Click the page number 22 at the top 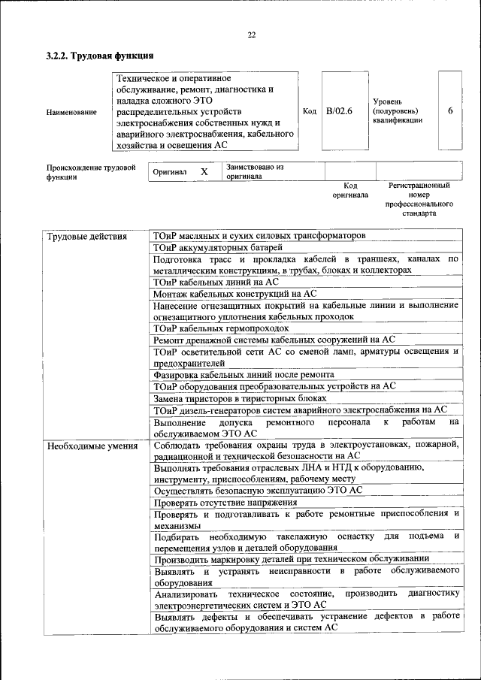(251, 35)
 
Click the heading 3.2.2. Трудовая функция (100, 56)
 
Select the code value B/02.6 (339, 111)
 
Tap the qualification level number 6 (449, 111)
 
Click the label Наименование (71, 112)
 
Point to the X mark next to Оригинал (204, 172)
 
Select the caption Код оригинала (350, 190)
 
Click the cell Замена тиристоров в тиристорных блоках (240, 397)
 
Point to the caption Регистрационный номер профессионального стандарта (419, 199)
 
